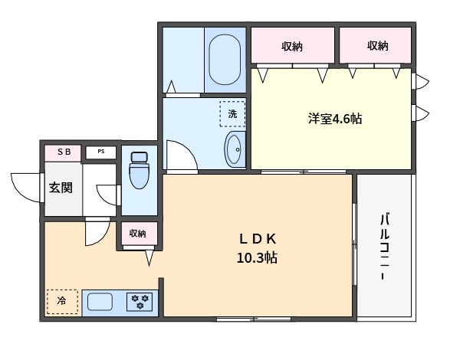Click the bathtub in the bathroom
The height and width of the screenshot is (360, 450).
click(225, 60)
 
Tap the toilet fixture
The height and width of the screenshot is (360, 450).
click(140, 170)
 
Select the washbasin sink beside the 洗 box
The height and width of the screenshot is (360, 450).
click(233, 149)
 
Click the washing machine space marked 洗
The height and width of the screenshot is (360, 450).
click(232, 114)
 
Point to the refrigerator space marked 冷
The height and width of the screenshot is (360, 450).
click(62, 302)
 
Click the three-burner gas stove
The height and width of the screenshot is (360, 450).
click(140, 302)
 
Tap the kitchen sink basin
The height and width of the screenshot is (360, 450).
click(100, 302)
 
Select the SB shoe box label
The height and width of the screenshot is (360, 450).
click(64, 152)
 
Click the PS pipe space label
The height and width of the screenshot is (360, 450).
click(101, 152)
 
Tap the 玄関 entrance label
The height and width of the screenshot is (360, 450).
click(61, 188)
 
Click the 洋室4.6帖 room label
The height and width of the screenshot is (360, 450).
click(335, 119)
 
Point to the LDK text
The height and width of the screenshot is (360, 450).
click(258, 239)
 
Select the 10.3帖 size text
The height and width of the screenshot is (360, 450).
click(257, 257)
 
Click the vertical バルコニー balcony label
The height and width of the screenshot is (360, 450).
click(385, 246)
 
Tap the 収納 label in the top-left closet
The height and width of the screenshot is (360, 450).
click(292, 46)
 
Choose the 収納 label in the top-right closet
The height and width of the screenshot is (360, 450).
click(378, 46)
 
